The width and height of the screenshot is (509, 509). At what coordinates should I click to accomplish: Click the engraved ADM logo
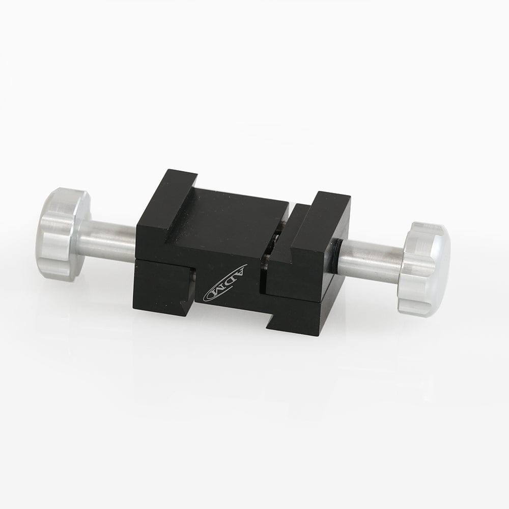coord(225,284)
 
